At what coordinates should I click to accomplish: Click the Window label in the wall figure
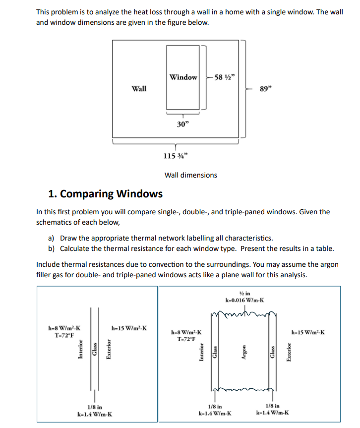coord(183,77)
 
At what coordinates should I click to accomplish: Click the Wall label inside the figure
coord(139,88)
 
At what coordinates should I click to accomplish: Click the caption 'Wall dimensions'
coord(190,175)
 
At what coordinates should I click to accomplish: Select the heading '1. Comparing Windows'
coord(105,193)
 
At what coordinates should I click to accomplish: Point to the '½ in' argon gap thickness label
coord(244,293)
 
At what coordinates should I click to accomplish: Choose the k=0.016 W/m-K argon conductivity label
coord(244,300)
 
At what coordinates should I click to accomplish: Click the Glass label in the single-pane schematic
coord(94,350)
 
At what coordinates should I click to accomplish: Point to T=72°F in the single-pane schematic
coord(65,335)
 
